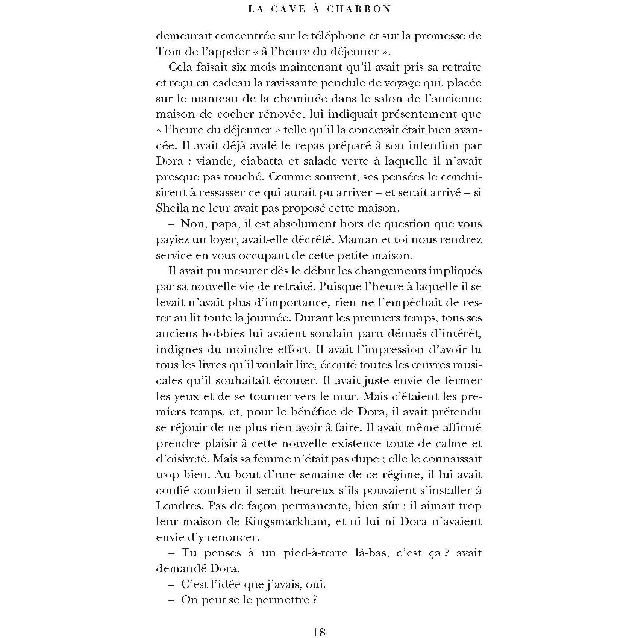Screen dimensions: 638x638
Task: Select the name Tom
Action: pos(166,52)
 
